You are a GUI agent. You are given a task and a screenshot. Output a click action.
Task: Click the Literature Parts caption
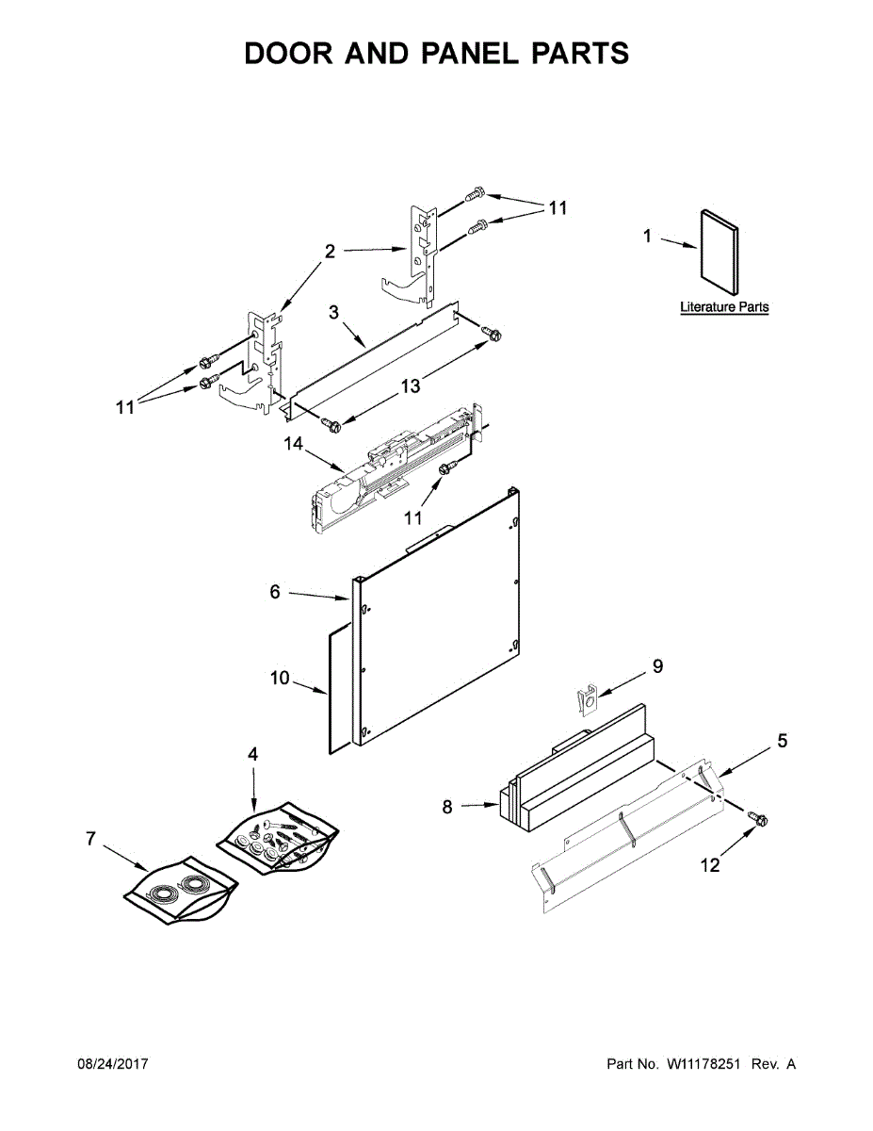pos(724,307)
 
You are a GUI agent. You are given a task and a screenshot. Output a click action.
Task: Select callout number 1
pos(647,237)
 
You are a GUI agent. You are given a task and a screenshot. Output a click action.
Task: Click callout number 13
pos(410,385)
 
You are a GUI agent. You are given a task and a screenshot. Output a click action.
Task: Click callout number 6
pos(275,592)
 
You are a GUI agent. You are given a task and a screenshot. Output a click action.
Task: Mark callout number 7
pos(90,838)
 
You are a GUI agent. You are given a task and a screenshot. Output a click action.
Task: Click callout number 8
pos(447,807)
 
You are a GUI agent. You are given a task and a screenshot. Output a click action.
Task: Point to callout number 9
pos(657,666)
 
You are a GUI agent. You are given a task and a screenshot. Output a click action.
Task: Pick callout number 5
pos(782,741)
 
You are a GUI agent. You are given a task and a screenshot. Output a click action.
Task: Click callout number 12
pos(711,864)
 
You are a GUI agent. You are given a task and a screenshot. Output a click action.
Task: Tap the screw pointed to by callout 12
pos(757,819)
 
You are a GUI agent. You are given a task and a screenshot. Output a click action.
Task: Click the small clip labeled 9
pos(586,703)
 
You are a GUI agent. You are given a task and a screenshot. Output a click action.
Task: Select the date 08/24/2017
pos(112,1064)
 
